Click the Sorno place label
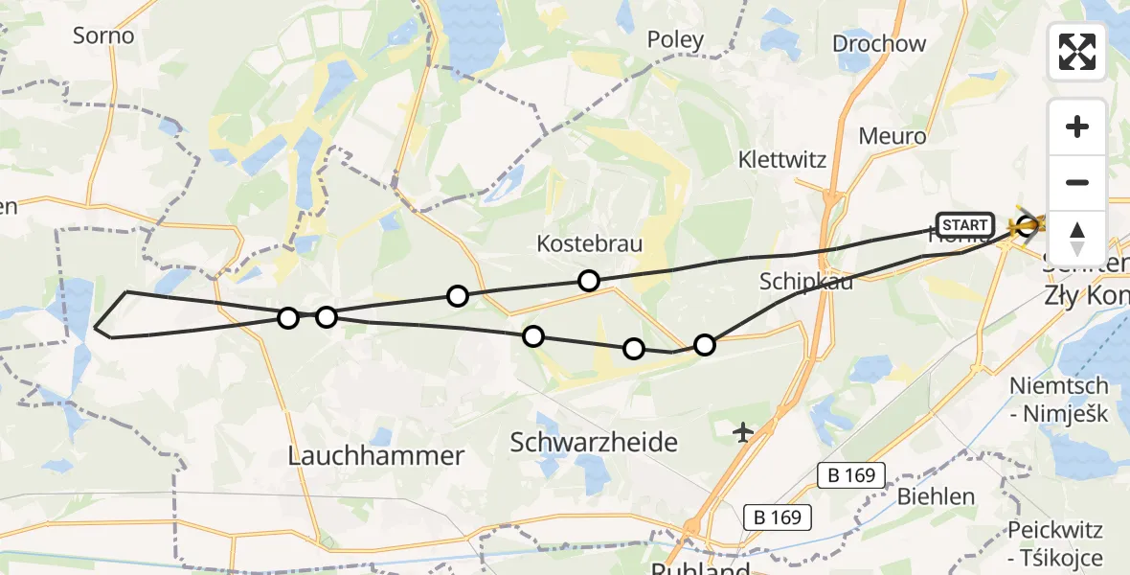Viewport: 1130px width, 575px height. click(x=103, y=35)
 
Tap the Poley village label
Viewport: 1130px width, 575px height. click(x=675, y=39)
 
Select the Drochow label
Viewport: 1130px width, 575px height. click(x=879, y=43)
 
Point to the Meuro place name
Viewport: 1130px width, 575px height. click(x=893, y=136)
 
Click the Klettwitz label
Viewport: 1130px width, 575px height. click(x=782, y=159)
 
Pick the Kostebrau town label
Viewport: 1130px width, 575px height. click(x=589, y=243)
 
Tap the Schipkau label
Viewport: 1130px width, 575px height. click(x=805, y=281)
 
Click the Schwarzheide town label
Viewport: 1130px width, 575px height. click(x=594, y=442)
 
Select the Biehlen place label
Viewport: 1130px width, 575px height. click(x=936, y=496)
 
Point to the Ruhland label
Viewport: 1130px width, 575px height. click(x=699, y=568)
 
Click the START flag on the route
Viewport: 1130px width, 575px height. click(x=964, y=225)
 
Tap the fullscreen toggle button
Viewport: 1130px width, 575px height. click(x=1077, y=52)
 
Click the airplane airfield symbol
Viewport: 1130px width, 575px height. click(x=743, y=433)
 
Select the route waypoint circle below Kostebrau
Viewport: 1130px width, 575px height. click(x=589, y=281)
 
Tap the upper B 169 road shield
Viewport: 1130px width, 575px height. click(x=852, y=474)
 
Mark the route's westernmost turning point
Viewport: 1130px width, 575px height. click(x=95, y=328)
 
